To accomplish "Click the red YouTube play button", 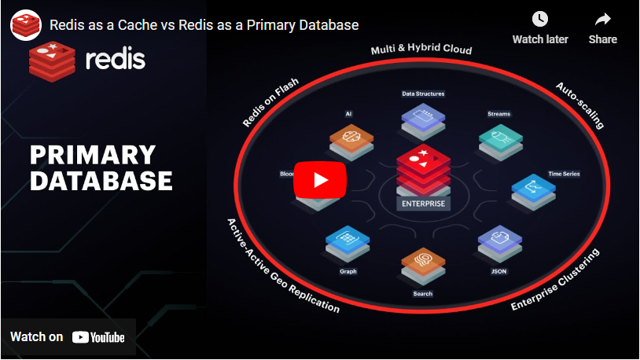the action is coord(321,180).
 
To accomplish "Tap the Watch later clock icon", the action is coord(539,19).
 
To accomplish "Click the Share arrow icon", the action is coord(603,19).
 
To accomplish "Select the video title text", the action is coord(204,24).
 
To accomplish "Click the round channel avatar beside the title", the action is coord(25,24).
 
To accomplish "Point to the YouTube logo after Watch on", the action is coord(98,337).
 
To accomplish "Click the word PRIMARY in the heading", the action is coord(93,154).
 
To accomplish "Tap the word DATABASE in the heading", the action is coord(101,181).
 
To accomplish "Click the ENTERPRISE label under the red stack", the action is coord(424,204).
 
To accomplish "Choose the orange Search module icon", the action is coord(422,263).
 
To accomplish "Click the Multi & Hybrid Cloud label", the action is coord(421,50).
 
